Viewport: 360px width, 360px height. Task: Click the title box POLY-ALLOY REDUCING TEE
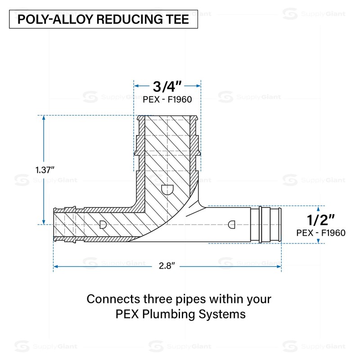pyautogui.click(x=103, y=20)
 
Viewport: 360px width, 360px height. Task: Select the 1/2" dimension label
pyautogui.click(x=320, y=220)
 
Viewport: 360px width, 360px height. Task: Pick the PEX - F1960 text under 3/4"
pyautogui.click(x=167, y=100)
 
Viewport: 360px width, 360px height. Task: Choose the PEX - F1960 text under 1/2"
pyautogui.click(x=321, y=233)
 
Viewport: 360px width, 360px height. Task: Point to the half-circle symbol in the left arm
pyautogui.click(x=103, y=224)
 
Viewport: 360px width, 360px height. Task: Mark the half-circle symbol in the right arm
pyautogui.click(x=232, y=224)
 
